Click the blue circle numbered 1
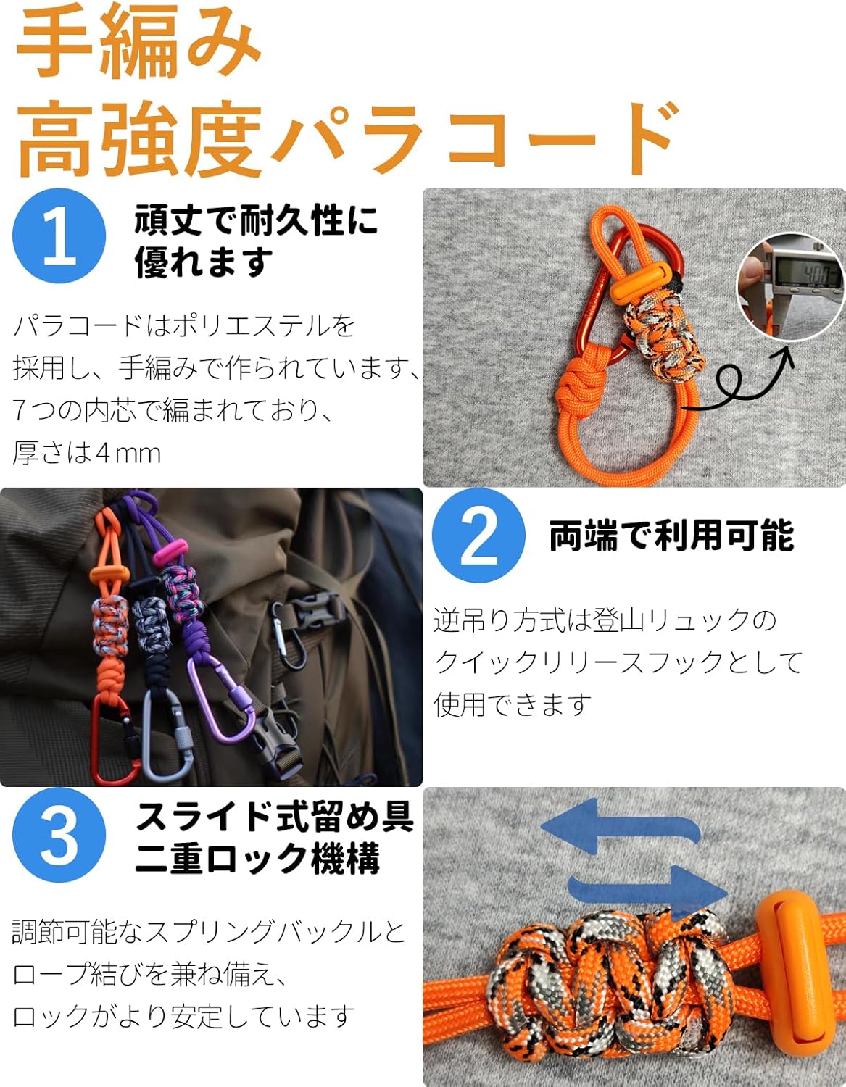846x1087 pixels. [59, 236]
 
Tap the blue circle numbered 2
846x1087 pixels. [478, 536]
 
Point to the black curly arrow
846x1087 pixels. [740, 380]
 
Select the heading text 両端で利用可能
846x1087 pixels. [671, 536]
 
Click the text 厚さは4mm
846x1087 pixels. [86, 453]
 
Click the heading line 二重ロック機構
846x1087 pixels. [257, 859]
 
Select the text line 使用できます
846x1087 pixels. [513, 705]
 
